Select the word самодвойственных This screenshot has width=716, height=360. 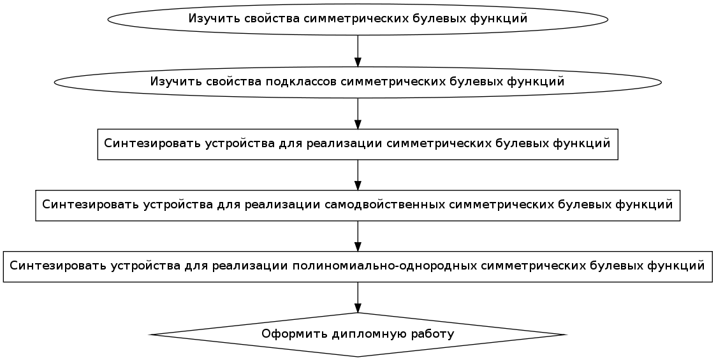pos(385,205)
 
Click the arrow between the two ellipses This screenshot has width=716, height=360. pos(358,50)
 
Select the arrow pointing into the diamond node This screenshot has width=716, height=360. pos(358,297)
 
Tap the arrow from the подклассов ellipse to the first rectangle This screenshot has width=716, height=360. pos(358,113)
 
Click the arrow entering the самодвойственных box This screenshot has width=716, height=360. pos(358,175)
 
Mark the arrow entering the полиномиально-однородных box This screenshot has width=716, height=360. pos(358,236)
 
